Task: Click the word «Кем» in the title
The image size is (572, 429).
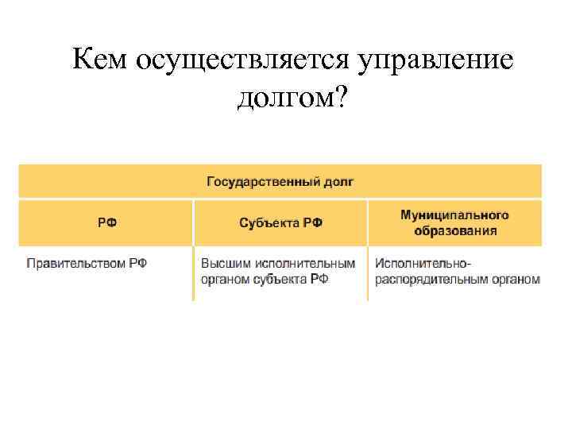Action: click(102, 60)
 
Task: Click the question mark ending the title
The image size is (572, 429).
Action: click(340, 99)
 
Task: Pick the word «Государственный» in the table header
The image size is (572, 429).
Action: click(264, 182)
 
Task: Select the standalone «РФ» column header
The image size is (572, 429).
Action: click(106, 223)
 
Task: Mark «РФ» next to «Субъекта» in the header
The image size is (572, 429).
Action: click(313, 223)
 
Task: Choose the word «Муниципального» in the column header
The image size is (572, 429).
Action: click(454, 215)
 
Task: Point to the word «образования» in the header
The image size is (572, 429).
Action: click(455, 231)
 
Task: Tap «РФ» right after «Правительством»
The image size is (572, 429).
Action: click(137, 263)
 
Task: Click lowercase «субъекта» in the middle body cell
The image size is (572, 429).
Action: click(281, 279)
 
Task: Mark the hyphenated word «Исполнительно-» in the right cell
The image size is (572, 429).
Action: click(423, 263)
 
